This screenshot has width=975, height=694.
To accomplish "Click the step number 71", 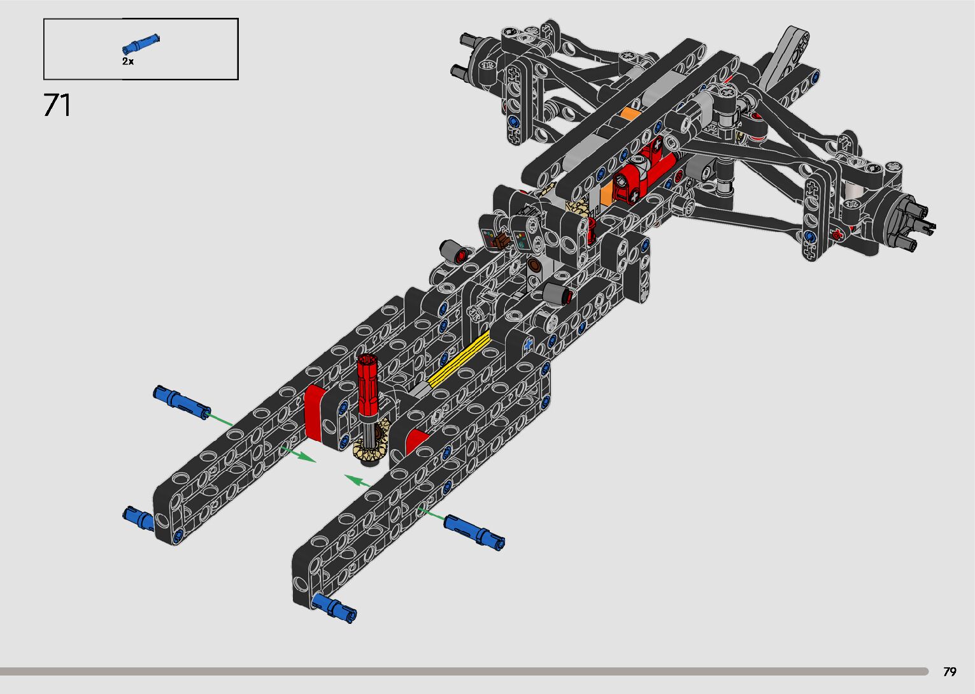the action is (57, 105).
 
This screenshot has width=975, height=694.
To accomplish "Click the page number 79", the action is (950, 671).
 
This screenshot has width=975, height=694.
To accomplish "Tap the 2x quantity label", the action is (128, 61).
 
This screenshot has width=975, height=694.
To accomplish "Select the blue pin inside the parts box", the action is (141, 44).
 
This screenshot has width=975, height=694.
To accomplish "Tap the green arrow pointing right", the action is (298, 454).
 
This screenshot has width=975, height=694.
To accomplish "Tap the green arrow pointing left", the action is (357, 481).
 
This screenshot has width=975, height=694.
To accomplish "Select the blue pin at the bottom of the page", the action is (334, 608).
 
